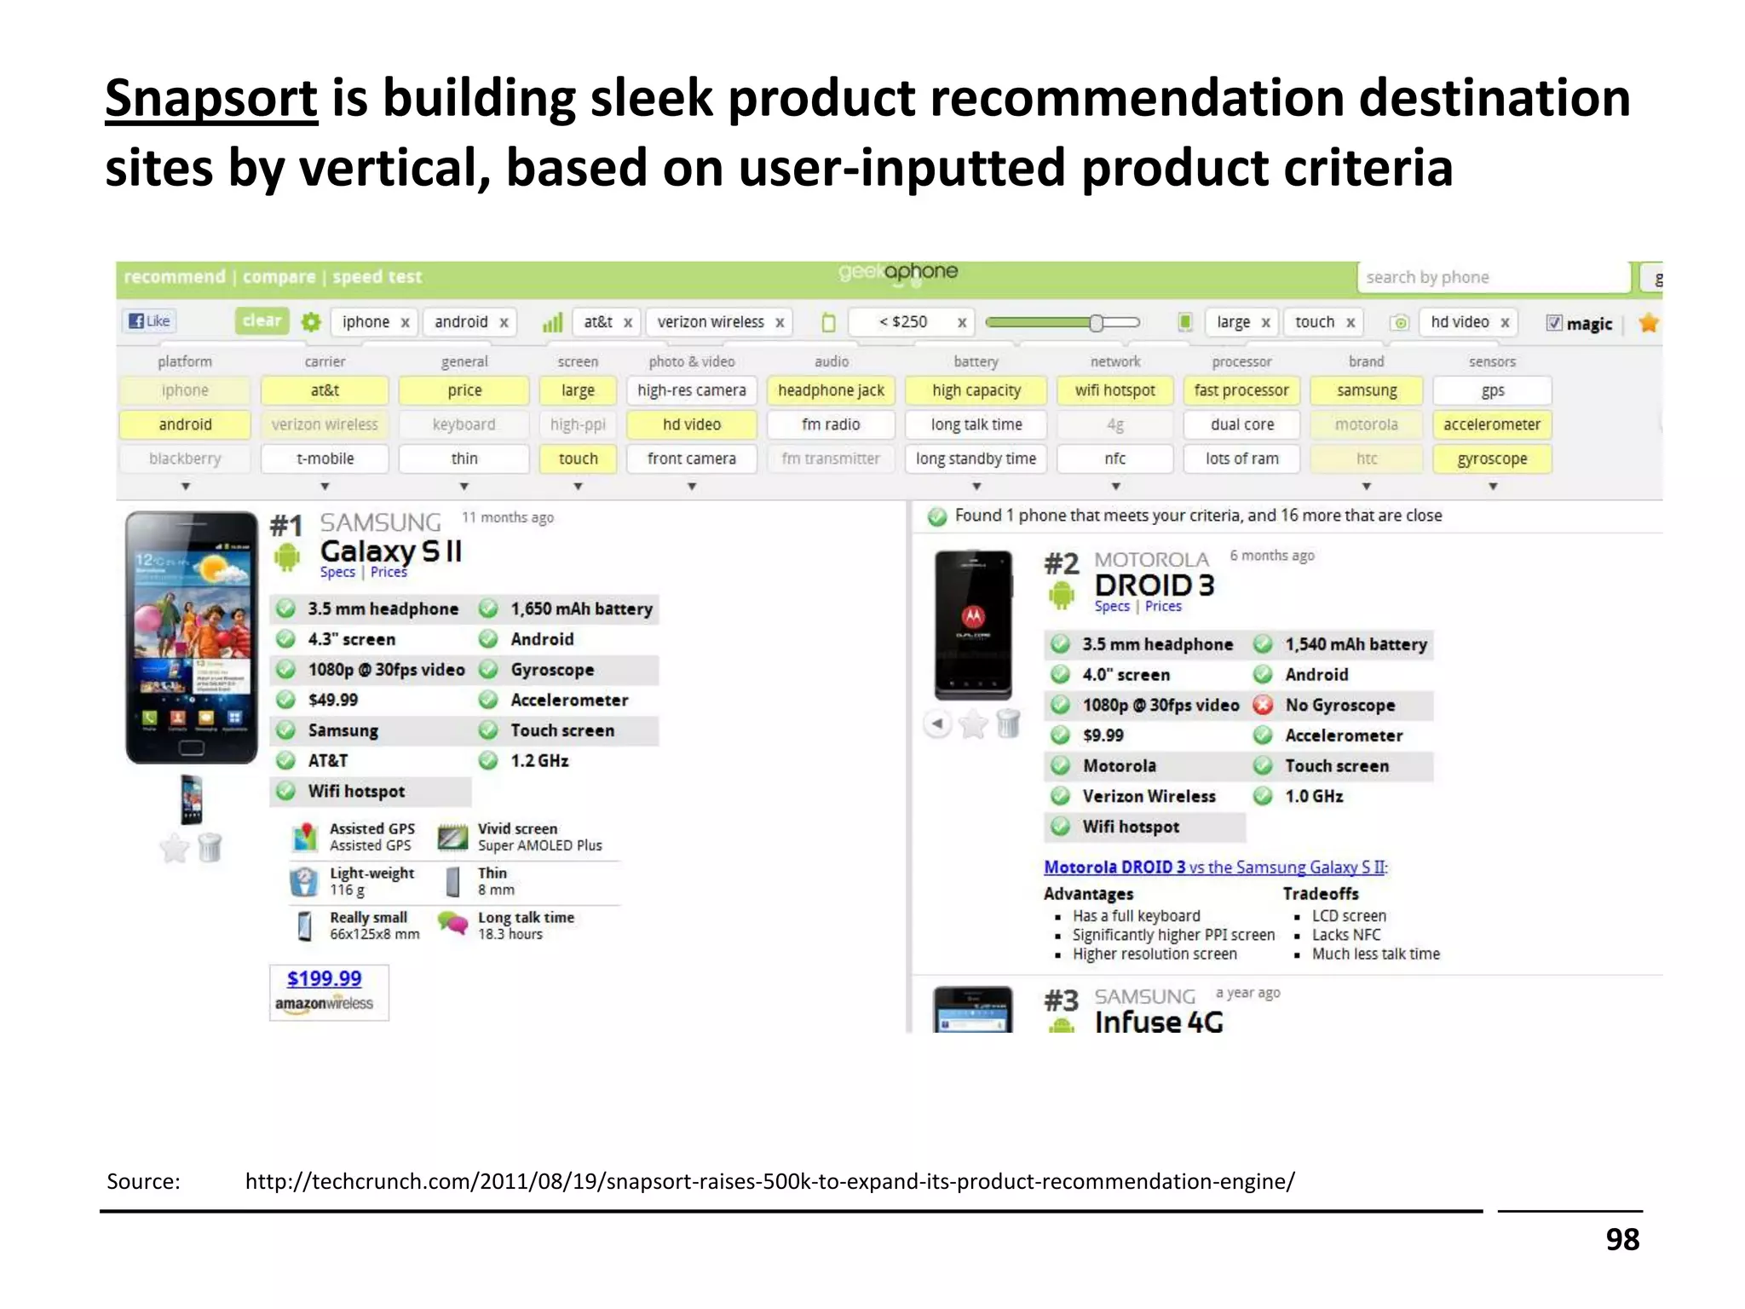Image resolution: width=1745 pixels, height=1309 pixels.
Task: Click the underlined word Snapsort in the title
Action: click(210, 98)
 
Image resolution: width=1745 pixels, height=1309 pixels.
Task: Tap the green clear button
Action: click(262, 321)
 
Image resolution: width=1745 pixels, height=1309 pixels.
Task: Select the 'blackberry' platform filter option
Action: click(185, 458)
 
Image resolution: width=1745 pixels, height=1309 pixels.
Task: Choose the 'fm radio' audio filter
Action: click(831, 424)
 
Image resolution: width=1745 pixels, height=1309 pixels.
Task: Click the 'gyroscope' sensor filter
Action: click(1491, 458)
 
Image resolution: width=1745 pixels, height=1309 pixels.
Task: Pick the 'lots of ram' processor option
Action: click(1241, 458)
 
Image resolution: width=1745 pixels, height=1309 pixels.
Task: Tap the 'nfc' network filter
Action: click(1114, 458)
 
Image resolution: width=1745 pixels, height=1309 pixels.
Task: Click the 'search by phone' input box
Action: click(1491, 277)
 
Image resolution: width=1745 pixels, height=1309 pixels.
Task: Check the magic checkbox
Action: click(1554, 323)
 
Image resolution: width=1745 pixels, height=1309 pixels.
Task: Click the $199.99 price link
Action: click(324, 978)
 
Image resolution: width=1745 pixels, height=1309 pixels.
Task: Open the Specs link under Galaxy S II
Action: click(337, 572)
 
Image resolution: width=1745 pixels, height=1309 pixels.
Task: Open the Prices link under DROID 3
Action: click(1163, 606)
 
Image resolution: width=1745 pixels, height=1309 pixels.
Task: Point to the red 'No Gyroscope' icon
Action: click(1263, 705)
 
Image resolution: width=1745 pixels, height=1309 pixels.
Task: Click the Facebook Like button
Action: click(149, 321)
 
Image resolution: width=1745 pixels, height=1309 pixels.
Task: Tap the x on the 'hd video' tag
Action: click(1505, 322)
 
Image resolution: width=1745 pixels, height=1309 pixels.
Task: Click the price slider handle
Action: click(1097, 322)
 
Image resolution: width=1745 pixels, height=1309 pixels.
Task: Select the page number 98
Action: click(1622, 1239)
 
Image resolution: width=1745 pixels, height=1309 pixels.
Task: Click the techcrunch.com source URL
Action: click(769, 1181)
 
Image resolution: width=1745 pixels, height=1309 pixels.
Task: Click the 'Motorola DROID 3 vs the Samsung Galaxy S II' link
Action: click(1215, 867)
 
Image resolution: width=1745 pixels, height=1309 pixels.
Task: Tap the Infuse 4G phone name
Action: click(1158, 1022)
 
